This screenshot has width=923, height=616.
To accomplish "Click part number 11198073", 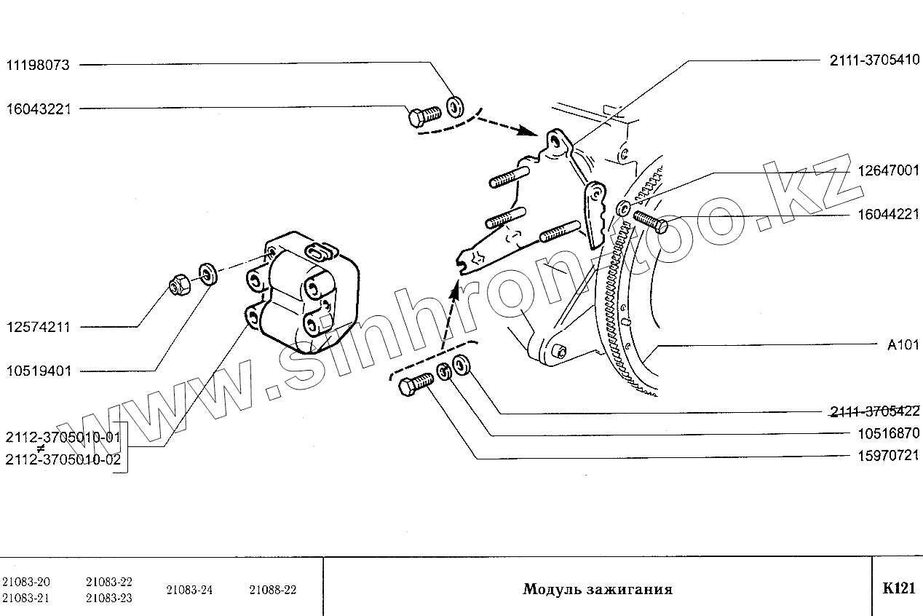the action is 38,65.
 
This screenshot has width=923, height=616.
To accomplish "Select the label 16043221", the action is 38,108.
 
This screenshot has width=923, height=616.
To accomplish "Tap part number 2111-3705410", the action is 874,61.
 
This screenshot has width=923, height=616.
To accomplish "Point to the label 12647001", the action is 888,172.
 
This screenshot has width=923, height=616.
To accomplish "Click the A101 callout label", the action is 903,346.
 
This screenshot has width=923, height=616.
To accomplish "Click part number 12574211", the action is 38,327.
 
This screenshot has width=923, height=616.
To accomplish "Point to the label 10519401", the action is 38,371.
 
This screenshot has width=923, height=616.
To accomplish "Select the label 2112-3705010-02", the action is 62,459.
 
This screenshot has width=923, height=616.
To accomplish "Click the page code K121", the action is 898,589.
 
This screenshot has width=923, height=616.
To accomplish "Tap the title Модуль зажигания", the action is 597,589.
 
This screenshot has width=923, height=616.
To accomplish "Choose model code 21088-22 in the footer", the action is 272,590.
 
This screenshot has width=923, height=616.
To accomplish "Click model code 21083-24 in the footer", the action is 189,590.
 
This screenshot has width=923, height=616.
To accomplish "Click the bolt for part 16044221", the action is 650,220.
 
